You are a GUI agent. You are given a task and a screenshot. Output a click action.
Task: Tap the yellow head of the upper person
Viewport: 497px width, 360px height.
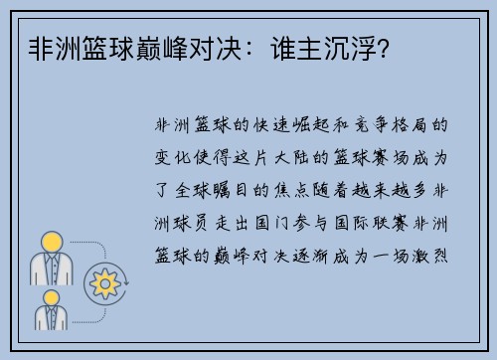[x=51, y=241]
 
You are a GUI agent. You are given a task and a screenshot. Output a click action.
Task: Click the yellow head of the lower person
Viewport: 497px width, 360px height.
[x=51, y=295]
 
